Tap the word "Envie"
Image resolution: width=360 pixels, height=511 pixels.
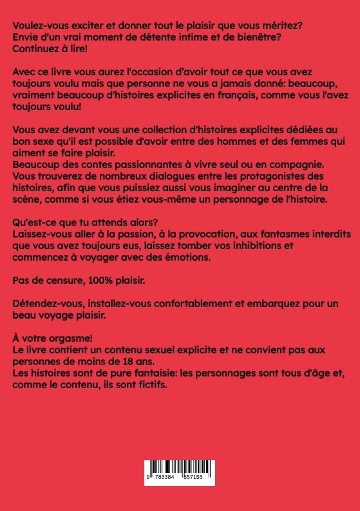(26, 36)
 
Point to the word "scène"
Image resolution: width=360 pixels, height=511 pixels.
(30, 200)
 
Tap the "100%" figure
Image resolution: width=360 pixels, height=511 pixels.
(108, 281)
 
